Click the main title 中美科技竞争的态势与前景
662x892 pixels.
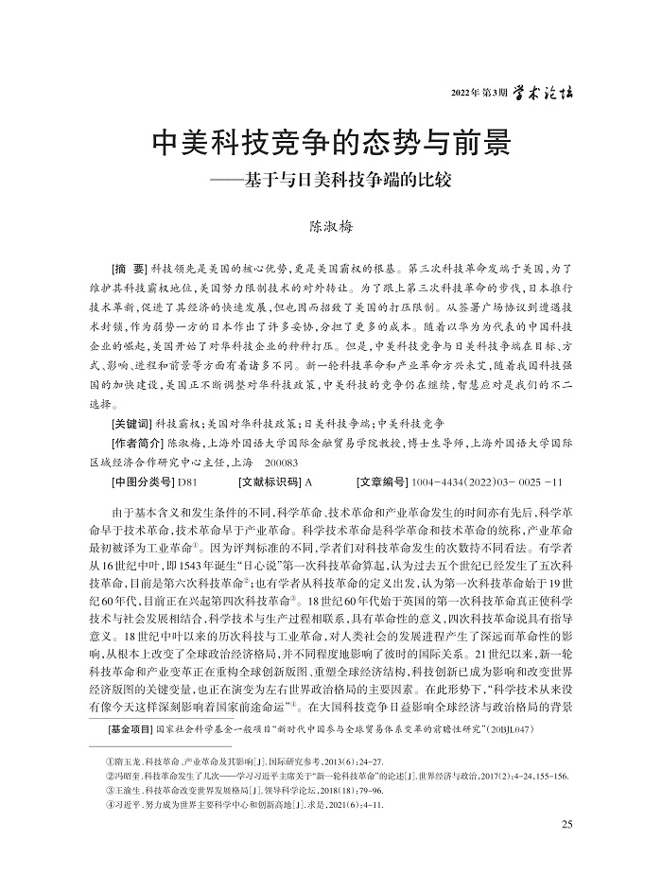pyautogui.click(x=331, y=144)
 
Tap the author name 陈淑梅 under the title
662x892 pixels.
pyautogui.click(x=331, y=227)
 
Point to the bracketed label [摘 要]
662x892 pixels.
pyautogui.click(x=131, y=270)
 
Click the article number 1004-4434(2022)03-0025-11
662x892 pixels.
pyautogui.click(x=491, y=483)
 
